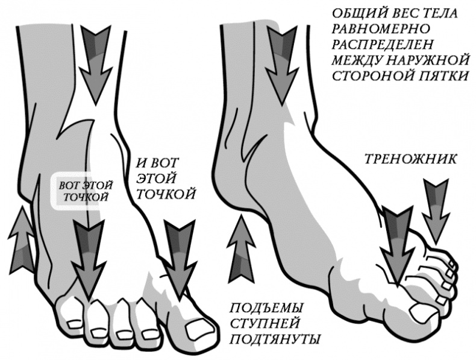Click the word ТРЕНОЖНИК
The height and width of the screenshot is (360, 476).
point(410,159)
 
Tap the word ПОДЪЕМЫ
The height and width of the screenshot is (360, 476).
point(266,308)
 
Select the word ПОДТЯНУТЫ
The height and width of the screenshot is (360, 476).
point(274,339)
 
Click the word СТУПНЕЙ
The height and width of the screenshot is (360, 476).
point(265,324)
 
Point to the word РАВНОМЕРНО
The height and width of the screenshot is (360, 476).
point(381,29)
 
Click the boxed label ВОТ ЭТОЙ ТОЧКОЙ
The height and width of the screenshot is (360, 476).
point(86,191)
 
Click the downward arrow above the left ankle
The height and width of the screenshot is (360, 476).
point(96,65)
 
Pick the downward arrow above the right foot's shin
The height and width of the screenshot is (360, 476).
point(282,65)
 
